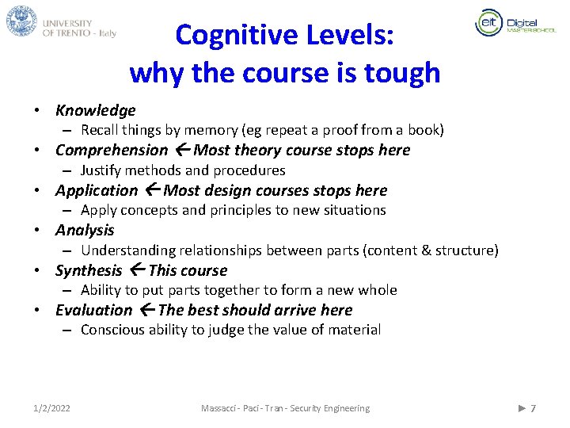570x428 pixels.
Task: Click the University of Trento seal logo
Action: (22, 21)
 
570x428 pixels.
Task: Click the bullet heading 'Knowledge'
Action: (95, 110)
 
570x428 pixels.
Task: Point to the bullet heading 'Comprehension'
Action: (112, 150)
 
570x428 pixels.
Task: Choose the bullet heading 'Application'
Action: (96, 190)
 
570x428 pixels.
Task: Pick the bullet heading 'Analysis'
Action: (85, 230)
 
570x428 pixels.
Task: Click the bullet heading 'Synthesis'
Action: (89, 270)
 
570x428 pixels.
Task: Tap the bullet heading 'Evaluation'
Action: (94, 310)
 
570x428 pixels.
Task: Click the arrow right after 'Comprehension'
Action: (182, 150)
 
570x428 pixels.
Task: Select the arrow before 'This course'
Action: (137, 270)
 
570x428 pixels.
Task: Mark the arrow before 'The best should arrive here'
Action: (147, 310)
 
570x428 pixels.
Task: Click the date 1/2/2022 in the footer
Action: (51, 408)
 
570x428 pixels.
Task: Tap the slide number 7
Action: (533, 408)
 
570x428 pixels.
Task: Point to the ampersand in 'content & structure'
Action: (427, 250)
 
